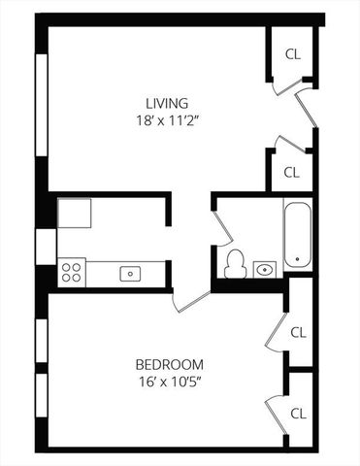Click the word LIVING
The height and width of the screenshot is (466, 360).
pyautogui.click(x=167, y=103)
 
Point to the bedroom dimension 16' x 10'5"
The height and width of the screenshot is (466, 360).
pyautogui.click(x=170, y=383)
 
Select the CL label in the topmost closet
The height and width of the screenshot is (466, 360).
pyautogui.click(x=291, y=53)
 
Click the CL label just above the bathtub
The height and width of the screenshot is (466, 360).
pyautogui.click(x=291, y=173)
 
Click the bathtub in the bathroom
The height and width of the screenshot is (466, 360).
pyautogui.click(x=297, y=233)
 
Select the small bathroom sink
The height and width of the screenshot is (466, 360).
pyautogui.click(x=264, y=268)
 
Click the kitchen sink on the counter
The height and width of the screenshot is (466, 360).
pyautogui.click(x=131, y=273)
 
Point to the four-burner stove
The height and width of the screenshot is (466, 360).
pyautogui.click(x=72, y=272)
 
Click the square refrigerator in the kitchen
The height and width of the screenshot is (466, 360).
pyautogui.click(x=74, y=213)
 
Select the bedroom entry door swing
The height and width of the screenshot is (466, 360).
pyautogui.click(x=190, y=301)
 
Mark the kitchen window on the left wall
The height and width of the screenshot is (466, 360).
pyautogui.click(x=42, y=245)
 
